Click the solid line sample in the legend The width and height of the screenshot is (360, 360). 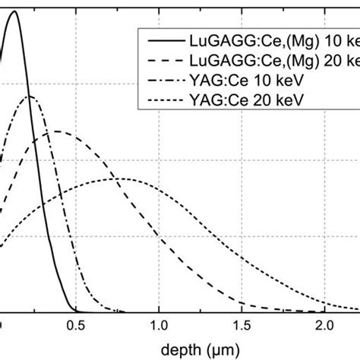[156, 39]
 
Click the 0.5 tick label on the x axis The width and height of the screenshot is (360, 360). [76, 326]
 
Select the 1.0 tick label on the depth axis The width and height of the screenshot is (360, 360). [159, 326]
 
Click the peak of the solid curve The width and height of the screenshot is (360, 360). [13, 11]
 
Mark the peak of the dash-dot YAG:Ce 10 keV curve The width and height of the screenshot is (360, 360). [29, 96]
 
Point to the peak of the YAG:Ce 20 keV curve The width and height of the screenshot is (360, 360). [122, 178]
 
